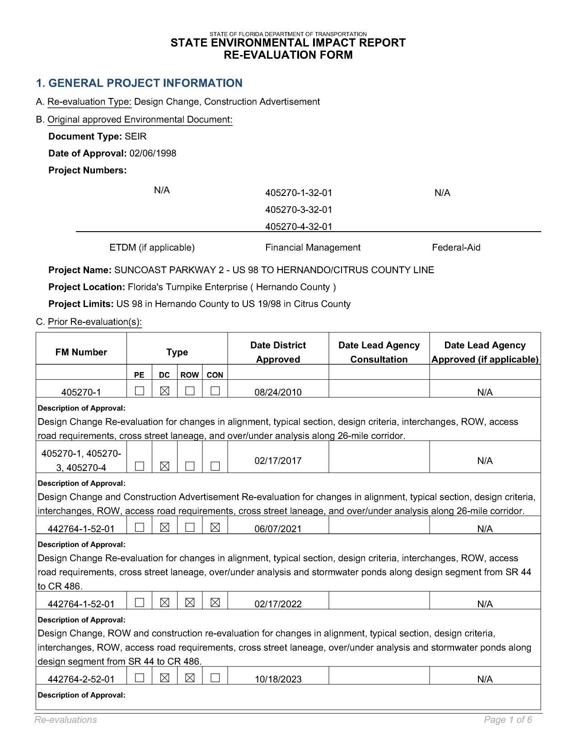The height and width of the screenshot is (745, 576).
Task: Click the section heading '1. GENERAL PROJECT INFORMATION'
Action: [x=139, y=84]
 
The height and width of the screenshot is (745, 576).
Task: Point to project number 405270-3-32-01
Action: [x=299, y=210]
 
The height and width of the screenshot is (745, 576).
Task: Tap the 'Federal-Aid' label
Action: [x=456, y=248]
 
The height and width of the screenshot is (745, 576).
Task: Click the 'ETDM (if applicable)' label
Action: [x=152, y=248]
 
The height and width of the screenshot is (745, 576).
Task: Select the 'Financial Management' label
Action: [x=313, y=248]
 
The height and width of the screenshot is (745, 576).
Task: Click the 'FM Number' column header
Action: [x=81, y=353]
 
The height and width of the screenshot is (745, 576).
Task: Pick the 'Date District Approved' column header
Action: [x=278, y=353]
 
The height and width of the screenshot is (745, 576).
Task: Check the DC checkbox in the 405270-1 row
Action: [x=165, y=391]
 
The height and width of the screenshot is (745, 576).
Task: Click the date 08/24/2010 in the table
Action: [x=278, y=392]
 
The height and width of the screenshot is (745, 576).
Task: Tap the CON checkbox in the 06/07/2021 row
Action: [x=215, y=527]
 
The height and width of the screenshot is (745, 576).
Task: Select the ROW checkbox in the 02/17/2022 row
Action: [x=190, y=603]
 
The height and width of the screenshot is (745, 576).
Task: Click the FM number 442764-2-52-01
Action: [x=81, y=680]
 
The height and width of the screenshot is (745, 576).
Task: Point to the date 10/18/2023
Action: [x=278, y=680]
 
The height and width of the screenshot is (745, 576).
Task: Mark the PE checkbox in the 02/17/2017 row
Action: [x=140, y=467]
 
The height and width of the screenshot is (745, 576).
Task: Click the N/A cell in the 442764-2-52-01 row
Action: [x=485, y=680]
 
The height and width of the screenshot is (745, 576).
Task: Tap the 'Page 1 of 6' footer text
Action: [x=508, y=720]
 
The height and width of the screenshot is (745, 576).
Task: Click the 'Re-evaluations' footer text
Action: [x=66, y=720]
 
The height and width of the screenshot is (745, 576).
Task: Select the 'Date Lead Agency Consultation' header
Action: [x=379, y=353]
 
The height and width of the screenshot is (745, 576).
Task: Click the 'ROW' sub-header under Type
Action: [x=189, y=375]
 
